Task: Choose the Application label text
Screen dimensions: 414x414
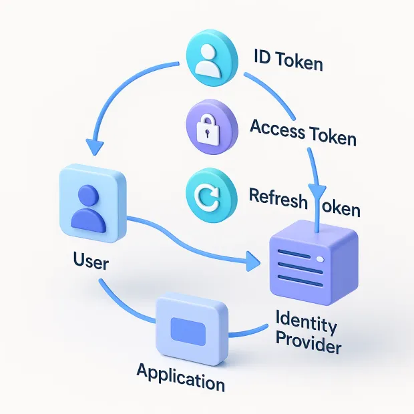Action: (180, 377)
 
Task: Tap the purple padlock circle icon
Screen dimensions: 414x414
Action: (211, 128)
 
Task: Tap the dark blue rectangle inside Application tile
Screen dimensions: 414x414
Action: (189, 329)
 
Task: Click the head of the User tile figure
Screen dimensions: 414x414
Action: (88, 194)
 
